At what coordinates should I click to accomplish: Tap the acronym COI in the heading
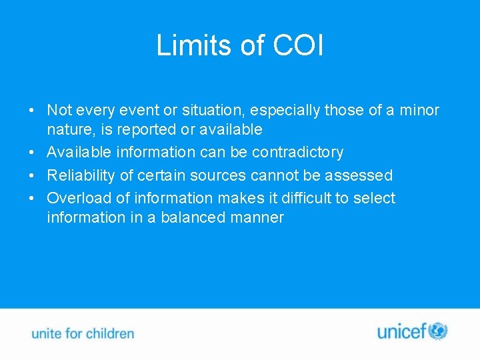click(298, 45)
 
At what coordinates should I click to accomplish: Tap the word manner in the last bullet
click(258, 217)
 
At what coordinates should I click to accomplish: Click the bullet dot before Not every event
click(32, 110)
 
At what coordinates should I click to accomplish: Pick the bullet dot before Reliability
click(32, 176)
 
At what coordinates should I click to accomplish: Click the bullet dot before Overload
click(32, 199)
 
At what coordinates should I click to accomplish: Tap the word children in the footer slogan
click(109, 333)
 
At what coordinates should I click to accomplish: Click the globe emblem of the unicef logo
click(438, 331)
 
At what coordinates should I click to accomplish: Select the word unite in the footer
click(46, 333)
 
